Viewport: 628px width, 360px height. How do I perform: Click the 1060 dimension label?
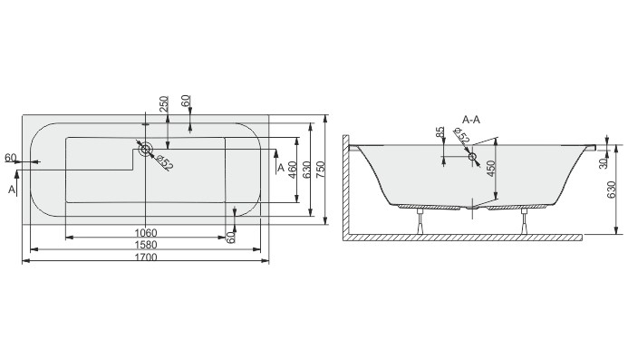coord(146,232)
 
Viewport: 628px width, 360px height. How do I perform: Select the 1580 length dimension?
coord(146,245)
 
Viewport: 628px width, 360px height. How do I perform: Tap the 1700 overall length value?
coord(146,257)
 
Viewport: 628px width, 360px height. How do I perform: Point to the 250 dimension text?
coord(164,104)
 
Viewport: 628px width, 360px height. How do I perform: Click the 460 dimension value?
coord(293,170)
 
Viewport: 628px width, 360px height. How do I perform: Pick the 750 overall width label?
coord(321,170)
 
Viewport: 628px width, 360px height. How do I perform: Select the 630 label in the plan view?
coord(307,170)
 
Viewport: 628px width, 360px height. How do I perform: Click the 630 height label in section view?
coord(611,190)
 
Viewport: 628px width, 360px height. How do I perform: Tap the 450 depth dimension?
coord(491,169)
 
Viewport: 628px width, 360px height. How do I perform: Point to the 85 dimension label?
coord(440,132)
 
